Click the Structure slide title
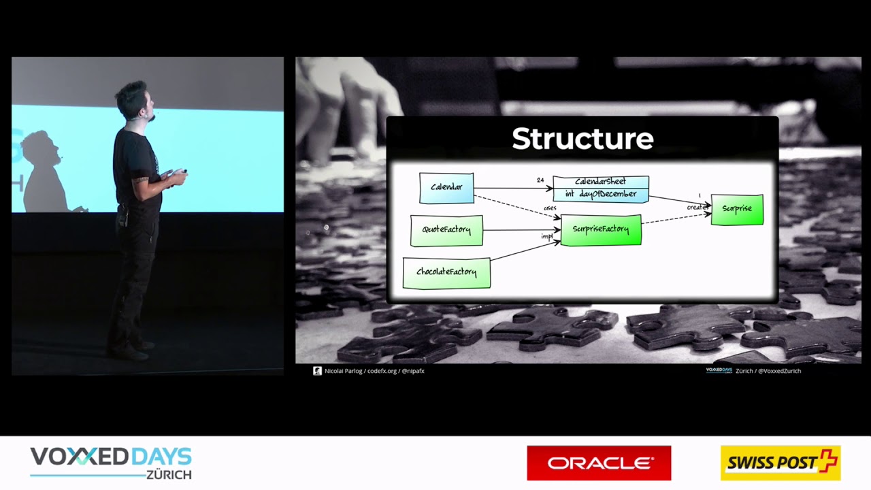point(582,139)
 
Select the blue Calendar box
point(446,188)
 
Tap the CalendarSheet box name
point(600,182)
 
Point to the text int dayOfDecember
point(600,194)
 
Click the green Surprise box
point(737,209)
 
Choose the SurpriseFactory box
point(600,229)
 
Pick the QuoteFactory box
point(446,230)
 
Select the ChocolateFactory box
point(446,272)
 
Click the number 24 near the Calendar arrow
point(540,180)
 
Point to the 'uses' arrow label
point(550,208)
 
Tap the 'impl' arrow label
point(546,236)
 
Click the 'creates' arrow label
point(697,207)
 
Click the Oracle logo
point(599,463)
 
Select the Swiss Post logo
point(780,463)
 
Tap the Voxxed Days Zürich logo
point(110,463)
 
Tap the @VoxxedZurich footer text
point(778,371)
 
